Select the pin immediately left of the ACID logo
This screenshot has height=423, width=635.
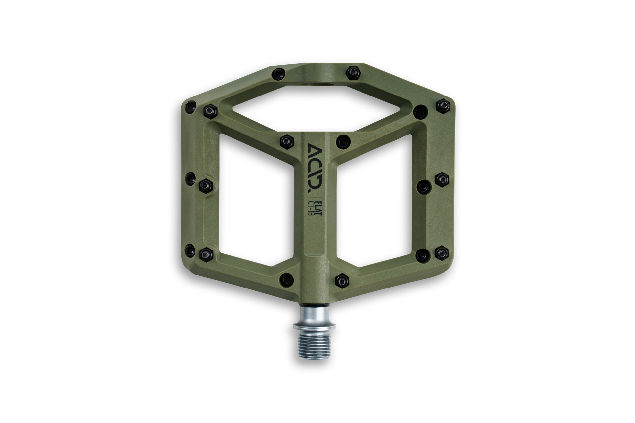(x=287, y=142)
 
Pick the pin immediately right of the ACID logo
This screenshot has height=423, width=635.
(x=343, y=142)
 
